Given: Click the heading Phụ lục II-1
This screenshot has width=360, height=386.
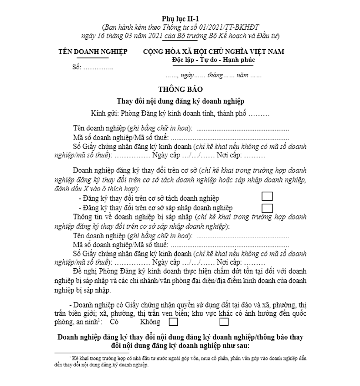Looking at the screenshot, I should point(180,18).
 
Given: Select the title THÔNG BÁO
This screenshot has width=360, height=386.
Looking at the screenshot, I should point(180,89).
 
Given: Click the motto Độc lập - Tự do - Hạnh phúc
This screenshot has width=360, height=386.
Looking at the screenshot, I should point(213,60).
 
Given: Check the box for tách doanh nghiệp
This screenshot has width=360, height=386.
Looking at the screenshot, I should point(267,197).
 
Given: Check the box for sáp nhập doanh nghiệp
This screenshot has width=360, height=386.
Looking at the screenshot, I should point(267,208).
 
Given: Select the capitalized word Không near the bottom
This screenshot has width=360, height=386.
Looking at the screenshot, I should point(150,322).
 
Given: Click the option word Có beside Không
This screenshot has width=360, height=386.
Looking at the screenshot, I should point(114,322).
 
